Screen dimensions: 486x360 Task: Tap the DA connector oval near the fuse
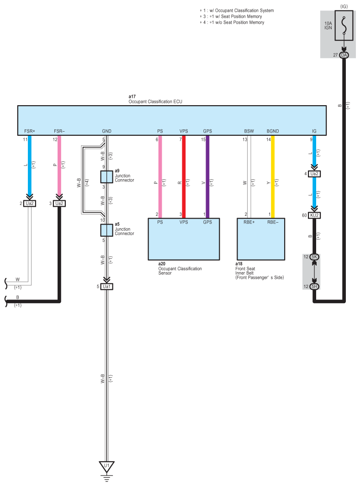(x=344, y=55)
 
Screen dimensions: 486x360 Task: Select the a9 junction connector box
(x=107, y=176)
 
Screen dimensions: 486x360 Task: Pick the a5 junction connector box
(x=107, y=230)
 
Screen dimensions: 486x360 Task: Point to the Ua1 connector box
(x=107, y=287)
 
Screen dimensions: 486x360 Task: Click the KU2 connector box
(x=314, y=214)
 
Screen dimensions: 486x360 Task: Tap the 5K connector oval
(x=314, y=257)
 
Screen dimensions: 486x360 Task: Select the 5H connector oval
(x=314, y=287)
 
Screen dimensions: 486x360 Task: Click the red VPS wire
(x=184, y=178)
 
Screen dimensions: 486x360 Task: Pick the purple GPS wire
(x=207, y=178)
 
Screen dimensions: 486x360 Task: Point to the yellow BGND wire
(x=273, y=178)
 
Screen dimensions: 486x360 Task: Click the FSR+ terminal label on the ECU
(x=30, y=131)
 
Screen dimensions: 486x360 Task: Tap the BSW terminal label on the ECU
(x=249, y=131)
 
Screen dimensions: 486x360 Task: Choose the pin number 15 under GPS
(x=203, y=139)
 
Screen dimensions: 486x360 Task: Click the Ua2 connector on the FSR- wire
(x=59, y=203)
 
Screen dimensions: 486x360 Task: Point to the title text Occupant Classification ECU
(x=155, y=101)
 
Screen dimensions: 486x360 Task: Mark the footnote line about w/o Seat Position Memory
(x=233, y=22)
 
